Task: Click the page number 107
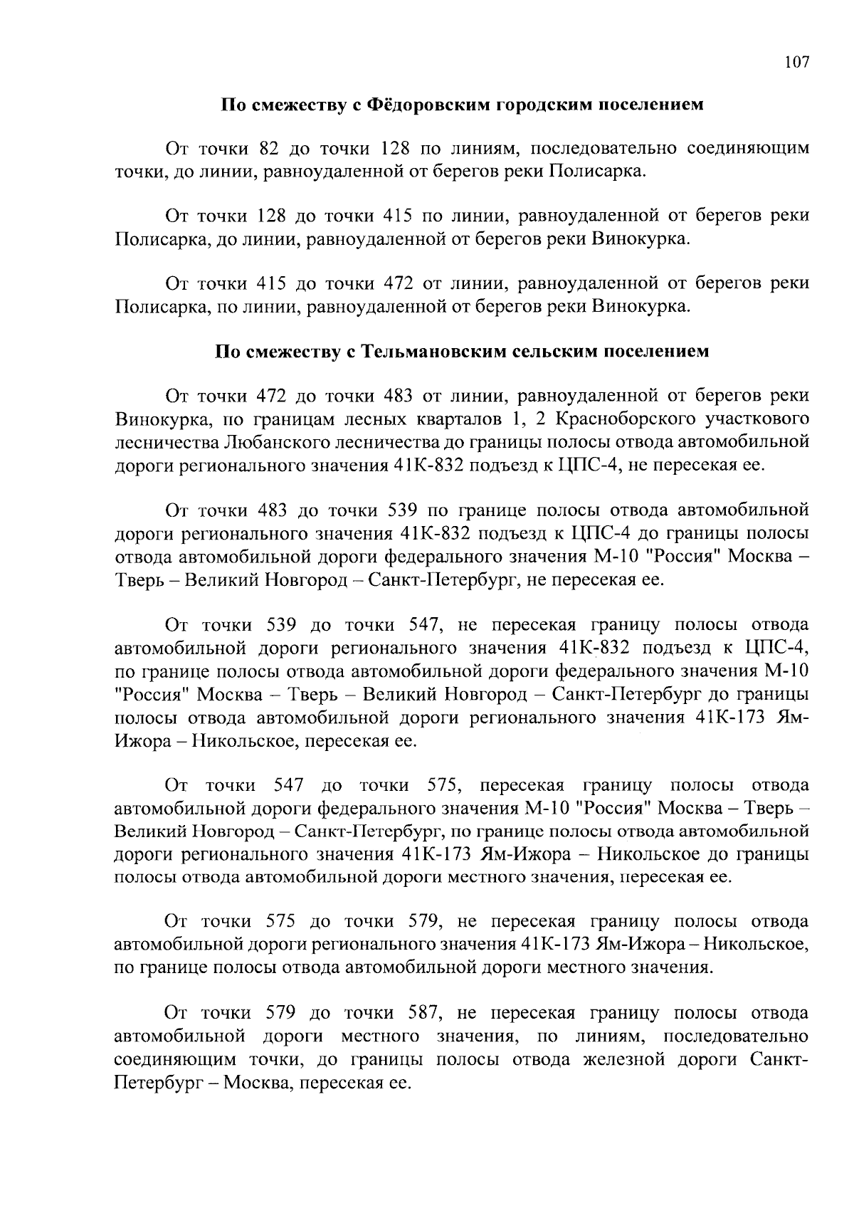pyautogui.click(x=796, y=63)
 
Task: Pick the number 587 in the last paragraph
pyautogui.click(x=427, y=1012)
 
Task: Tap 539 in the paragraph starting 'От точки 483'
pyautogui.click(x=403, y=510)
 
